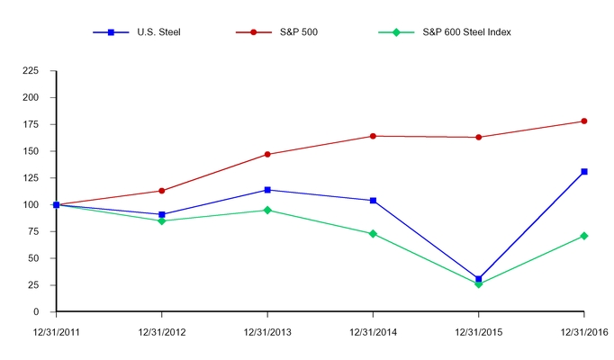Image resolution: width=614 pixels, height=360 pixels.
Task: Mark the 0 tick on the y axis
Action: click(x=46, y=312)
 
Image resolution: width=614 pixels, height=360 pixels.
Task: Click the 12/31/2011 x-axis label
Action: click(x=56, y=332)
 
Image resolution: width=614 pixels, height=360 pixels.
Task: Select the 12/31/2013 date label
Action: click(x=267, y=332)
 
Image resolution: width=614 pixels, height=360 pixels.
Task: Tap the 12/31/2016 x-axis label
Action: click(x=583, y=332)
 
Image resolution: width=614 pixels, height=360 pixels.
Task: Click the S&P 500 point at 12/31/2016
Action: click(x=584, y=121)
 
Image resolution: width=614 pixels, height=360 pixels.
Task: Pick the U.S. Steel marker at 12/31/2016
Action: click(x=584, y=171)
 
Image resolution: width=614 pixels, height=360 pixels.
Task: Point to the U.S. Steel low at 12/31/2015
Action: click(x=479, y=279)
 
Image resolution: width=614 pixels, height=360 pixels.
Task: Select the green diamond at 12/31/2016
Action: click(x=584, y=236)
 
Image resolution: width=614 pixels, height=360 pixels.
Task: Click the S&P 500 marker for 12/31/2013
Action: click(x=267, y=154)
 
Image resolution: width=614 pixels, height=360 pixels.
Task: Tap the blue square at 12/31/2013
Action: click(x=267, y=190)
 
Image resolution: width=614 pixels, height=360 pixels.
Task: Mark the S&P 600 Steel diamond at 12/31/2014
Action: click(x=373, y=233)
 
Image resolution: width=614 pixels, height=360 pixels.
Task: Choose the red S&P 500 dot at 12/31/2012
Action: click(x=162, y=191)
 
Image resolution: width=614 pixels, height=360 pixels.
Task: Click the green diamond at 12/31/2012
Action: click(x=162, y=220)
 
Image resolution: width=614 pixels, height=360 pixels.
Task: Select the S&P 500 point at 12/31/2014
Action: click(x=373, y=136)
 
